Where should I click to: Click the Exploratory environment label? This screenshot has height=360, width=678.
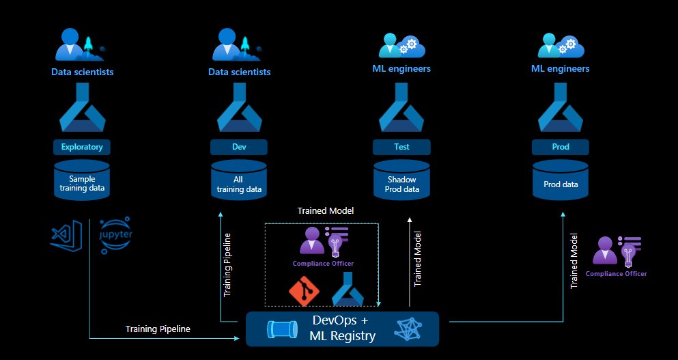[x=82, y=147]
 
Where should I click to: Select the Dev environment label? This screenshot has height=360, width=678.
[x=239, y=147]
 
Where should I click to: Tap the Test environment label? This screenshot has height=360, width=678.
[x=401, y=147]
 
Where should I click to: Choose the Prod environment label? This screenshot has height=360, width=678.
[x=560, y=147]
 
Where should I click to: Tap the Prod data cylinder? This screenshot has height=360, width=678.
[x=560, y=182]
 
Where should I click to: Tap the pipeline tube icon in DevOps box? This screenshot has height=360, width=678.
[x=281, y=329]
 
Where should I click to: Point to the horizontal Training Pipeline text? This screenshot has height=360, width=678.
[x=158, y=329]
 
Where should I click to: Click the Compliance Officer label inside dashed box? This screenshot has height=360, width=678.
[x=323, y=264]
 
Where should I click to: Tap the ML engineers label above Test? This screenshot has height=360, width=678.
[x=401, y=68]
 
